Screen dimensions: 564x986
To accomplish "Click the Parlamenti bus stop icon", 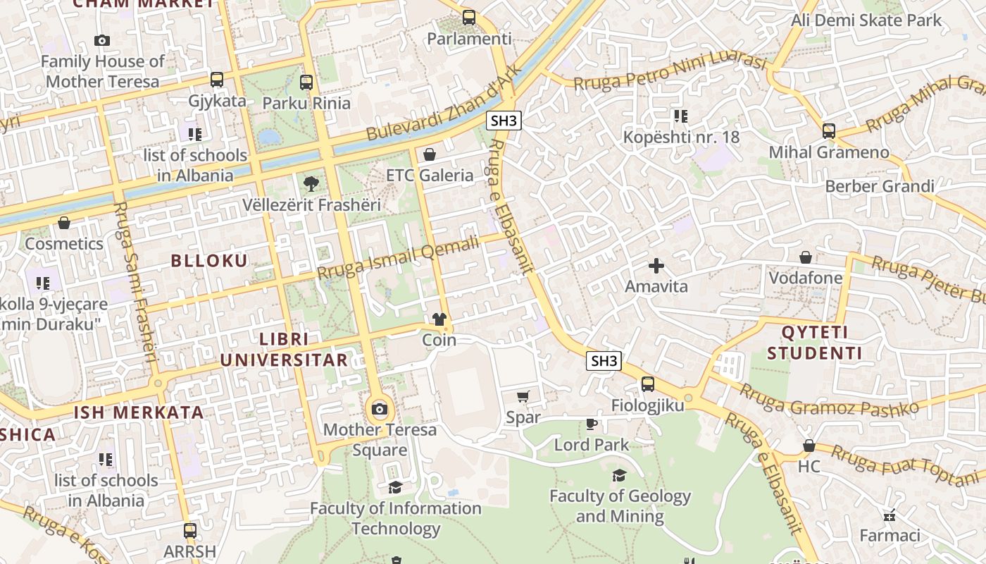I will (469, 18).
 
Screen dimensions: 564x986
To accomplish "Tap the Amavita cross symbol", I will (656, 266).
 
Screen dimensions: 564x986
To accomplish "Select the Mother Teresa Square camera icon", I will (380, 409).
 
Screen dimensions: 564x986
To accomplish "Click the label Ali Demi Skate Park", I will (866, 20).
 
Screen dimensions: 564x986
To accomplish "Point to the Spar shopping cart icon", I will (523, 397).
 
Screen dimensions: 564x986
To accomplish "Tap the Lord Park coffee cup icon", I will (592, 424).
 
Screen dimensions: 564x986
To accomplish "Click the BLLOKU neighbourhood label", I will (209, 261).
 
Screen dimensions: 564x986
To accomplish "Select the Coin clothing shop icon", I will (439, 319).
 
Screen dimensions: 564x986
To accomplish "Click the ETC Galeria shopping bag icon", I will (430, 154).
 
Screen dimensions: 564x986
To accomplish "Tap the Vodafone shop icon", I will (806, 257).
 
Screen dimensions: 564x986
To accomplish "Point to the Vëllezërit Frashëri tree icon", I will (311, 185).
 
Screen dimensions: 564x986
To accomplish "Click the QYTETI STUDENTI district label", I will (815, 343).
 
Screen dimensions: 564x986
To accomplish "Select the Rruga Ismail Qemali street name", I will (397, 257).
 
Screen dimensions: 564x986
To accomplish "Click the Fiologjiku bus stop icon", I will (647, 384).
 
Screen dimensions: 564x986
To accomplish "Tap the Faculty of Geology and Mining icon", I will (620, 476).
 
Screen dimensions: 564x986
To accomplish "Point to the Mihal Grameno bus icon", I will (829, 131).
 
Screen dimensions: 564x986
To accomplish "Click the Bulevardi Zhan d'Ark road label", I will (444, 103).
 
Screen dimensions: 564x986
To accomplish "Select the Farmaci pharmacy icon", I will (890, 515).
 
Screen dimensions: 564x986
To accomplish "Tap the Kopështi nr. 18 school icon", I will (680, 116).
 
